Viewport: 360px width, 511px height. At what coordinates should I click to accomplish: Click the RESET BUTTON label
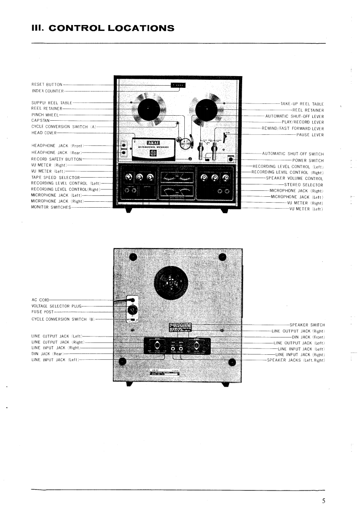point(47,85)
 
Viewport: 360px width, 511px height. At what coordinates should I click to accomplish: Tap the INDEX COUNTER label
point(47,91)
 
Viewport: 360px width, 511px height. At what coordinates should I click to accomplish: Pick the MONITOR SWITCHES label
point(51,207)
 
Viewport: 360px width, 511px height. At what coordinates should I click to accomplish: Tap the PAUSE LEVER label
point(310,135)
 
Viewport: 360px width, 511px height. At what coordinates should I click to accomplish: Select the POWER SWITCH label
point(308,160)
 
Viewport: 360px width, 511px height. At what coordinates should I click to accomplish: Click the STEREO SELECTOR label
point(304,185)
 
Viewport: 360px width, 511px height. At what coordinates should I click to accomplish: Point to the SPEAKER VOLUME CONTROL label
point(294,179)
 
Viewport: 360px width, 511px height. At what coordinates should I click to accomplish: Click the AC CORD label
point(40,300)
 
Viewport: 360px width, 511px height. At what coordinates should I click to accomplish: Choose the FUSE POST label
point(42,312)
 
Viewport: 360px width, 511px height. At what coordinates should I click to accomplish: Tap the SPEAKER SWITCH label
point(307,325)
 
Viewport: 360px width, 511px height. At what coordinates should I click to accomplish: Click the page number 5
point(324,501)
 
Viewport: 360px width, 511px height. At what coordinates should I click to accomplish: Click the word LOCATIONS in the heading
point(139,28)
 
